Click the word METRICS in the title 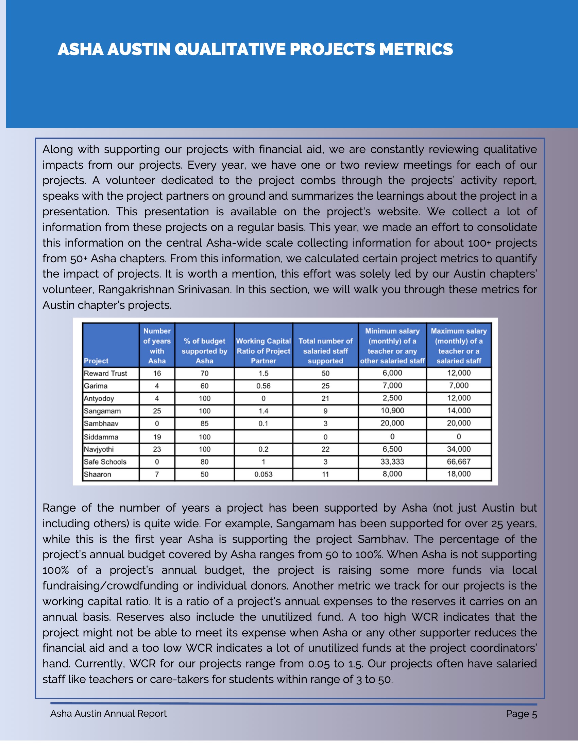[416, 49]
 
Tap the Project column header [96, 361]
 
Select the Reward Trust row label [105, 373]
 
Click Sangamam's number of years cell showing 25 [157, 411]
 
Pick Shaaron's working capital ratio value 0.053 [263, 475]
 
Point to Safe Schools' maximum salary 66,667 [459, 462]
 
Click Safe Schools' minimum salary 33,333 [392, 462]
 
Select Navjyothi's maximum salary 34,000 [459, 449]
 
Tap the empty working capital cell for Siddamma [263, 437]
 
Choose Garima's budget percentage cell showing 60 [204, 386]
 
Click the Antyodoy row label [99, 399]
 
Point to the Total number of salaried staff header [325, 351]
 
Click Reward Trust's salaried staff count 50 [325, 373]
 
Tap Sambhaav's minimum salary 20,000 [392, 423]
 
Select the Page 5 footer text [521, 714]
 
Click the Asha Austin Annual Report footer [108, 713]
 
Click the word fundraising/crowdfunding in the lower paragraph [110, 586]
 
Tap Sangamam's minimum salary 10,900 [392, 411]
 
